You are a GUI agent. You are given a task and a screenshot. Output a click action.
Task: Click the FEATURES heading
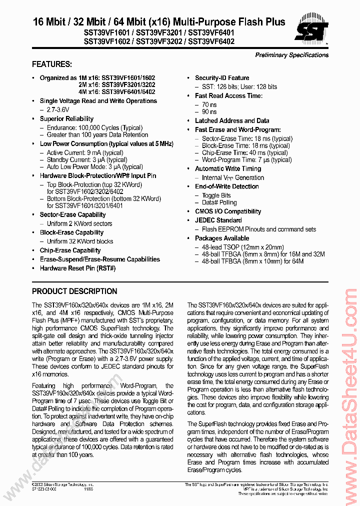click(52, 64)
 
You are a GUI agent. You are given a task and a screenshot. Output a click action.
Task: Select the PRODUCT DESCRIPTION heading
click(74, 291)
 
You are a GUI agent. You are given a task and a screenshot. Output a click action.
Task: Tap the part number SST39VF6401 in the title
click(212, 32)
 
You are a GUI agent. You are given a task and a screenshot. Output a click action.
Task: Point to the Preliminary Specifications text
click(291, 55)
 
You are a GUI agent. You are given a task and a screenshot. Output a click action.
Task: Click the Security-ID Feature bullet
click(222, 78)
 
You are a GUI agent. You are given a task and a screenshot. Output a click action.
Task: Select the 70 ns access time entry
click(209, 104)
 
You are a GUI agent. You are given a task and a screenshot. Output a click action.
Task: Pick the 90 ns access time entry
click(209, 112)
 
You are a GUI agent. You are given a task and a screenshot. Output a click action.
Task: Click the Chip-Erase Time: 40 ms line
click(244, 152)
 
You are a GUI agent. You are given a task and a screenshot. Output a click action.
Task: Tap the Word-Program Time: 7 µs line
click(246, 160)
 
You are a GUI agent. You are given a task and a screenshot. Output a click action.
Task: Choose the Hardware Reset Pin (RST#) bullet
click(77, 268)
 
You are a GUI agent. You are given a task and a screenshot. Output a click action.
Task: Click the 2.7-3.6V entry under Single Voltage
click(58, 109)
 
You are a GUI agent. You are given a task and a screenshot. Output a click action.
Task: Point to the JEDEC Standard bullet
click(218, 220)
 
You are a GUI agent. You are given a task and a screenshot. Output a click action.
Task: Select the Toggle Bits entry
click(216, 195)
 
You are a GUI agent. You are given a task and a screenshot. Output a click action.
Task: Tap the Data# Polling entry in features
click(219, 202)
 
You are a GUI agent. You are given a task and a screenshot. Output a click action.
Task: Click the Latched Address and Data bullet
click(232, 120)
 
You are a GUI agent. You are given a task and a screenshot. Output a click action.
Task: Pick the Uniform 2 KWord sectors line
click(79, 223)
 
